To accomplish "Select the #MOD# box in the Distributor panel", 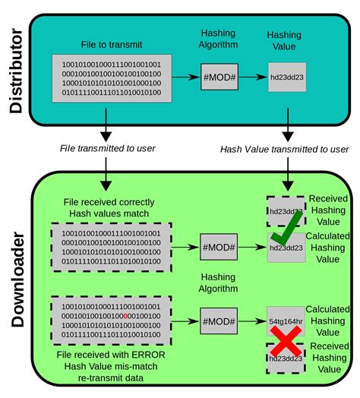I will pyautogui.click(x=219, y=77).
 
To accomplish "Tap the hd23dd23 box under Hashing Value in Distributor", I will pyautogui.click(x=286, y=77).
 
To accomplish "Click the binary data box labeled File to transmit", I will pyautogui.click(x=112, y=77).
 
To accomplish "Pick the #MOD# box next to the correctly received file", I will pyautogui.click(x=219, y=247).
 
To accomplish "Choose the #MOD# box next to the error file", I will pyautogui.click(x=219, y=317).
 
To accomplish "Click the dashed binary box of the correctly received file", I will pyautogui.click(x=112, y=247).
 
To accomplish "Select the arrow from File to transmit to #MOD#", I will pyautogui.click(x=184, y=77).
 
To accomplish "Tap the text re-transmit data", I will pyautogui.click(x=112, y=377).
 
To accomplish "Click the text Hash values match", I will pyautogui.click(x=112, y=214).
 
